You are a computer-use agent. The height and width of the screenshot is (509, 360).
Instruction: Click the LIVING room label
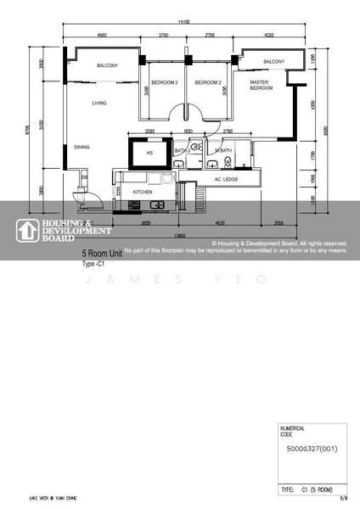100,103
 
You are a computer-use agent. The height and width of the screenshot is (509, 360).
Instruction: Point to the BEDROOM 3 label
164,82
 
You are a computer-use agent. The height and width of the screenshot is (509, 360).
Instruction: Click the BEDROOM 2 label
208,82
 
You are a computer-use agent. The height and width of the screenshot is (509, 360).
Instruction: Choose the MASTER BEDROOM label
261,85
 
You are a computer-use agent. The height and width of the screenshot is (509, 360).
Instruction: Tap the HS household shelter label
149,154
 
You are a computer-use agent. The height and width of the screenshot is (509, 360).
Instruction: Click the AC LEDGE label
225,180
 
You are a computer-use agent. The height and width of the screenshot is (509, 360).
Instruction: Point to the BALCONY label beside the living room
107,65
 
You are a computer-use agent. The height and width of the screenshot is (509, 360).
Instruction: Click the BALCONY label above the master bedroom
273,63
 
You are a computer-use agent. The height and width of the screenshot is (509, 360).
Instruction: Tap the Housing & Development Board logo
64,230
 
